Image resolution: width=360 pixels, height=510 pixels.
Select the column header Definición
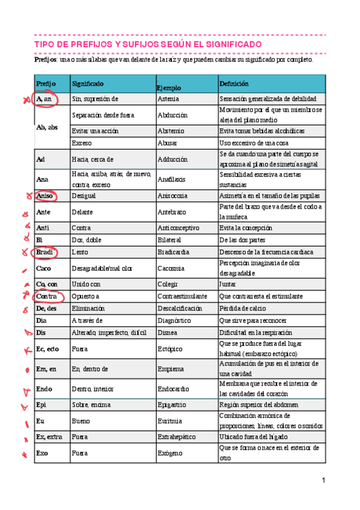point(234,84)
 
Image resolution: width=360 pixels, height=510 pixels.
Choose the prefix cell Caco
point(44,268)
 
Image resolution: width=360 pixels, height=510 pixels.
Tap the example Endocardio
point(174,389)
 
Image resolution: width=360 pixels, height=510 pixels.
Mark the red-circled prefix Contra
point(47,297)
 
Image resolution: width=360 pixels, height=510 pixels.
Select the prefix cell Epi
point(41,405)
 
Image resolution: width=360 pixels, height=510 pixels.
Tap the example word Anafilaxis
point(171,179)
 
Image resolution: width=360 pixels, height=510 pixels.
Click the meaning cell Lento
point(80,253)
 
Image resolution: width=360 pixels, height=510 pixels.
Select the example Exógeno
point(168,452)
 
